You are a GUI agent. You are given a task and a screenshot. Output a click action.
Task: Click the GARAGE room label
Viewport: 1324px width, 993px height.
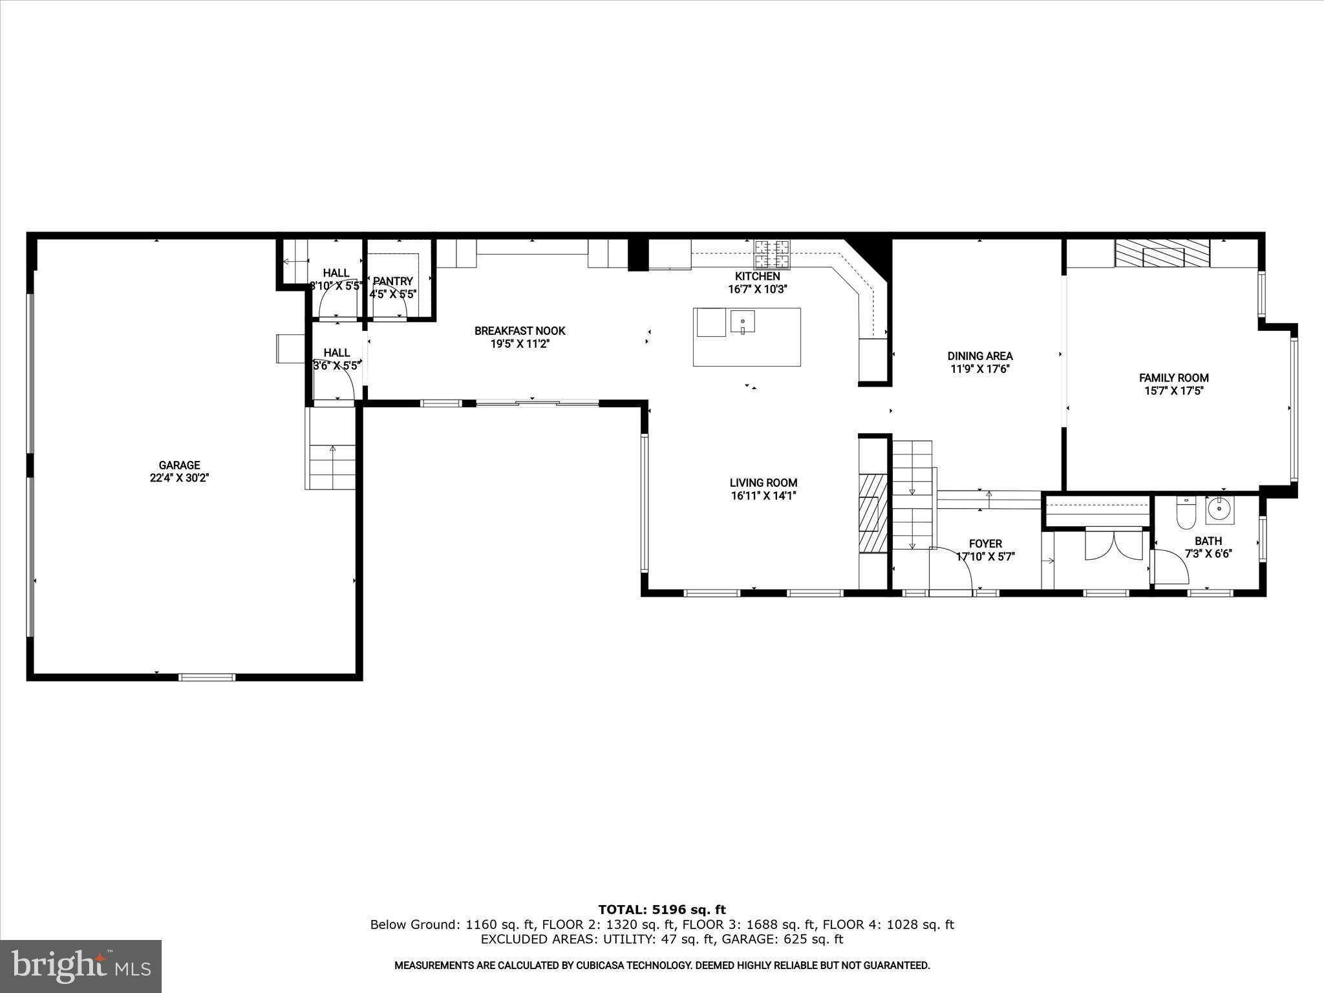pos(179,465)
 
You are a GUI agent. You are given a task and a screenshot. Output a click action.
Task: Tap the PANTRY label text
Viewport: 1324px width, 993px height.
pos(392,281)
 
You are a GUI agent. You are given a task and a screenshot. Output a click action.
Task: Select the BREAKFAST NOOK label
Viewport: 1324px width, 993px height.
pos(520,331)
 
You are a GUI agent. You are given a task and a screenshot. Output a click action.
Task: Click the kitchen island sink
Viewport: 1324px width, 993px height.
pos(743,321)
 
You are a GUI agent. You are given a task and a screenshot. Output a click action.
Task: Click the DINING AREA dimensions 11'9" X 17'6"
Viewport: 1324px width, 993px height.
pos(979,369)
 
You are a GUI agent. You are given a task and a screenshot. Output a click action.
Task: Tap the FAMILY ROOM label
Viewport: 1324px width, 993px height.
pos(1173,378)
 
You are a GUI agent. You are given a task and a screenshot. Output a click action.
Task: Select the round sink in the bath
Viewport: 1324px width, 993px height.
pos(1219,509)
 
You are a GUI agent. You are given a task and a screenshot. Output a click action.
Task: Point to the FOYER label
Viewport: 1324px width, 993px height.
pos(985,544)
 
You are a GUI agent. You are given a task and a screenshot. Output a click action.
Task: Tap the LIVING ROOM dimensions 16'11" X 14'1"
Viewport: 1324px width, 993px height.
pos(763,496)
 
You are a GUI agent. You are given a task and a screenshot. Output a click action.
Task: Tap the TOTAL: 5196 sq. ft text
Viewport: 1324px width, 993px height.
pos(661,910)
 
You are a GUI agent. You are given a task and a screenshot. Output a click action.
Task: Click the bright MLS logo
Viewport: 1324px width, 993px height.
pos(80,966)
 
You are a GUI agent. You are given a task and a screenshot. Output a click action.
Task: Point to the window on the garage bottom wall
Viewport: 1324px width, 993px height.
pos(207,677)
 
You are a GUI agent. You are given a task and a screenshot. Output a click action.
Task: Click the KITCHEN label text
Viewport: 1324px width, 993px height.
pos(757,276)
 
